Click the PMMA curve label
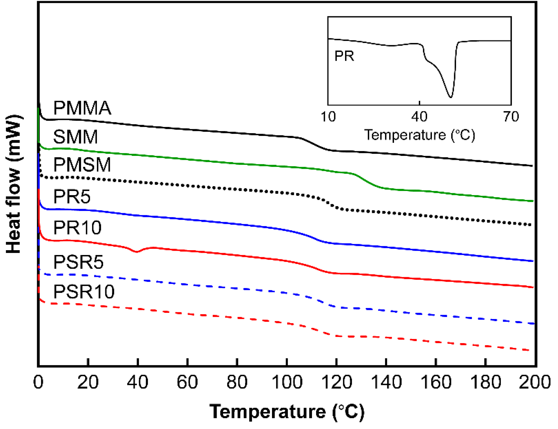[x=82, y=108]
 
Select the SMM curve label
[x=75, y=137]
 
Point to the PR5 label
[x=72, y=196]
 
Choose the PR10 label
[x=77, y=228]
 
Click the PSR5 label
[x=78, y=262]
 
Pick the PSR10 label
[x=84, y=292]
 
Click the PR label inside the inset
[x=344, y=56]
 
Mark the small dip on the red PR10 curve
[x=137, y=251]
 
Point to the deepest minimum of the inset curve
[x=451, y=96]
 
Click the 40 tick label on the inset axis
[x=419, y=117]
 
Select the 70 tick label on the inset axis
[x=511, y=117]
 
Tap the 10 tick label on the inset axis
[x=328, y=117]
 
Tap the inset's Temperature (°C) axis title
[x=419, y=135]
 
